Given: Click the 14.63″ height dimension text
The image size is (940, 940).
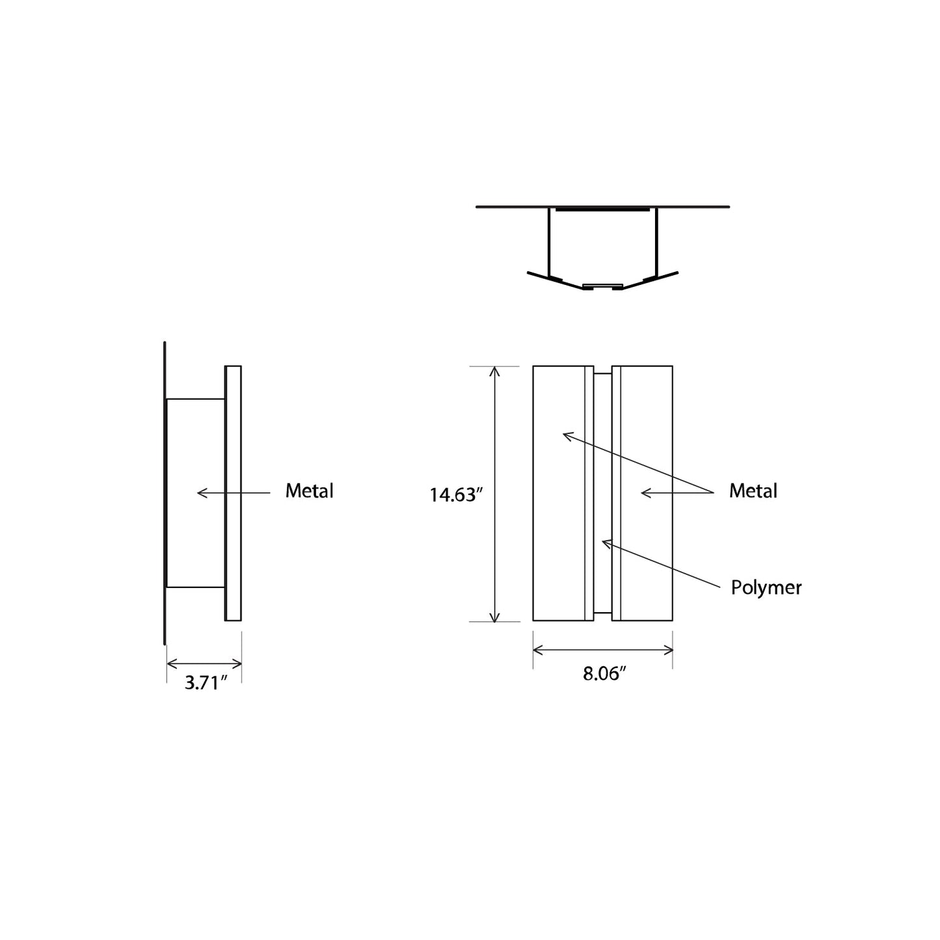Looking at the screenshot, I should coord(455,495).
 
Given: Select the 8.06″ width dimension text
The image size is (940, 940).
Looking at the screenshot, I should coord(604,674).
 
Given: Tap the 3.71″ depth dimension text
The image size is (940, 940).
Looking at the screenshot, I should coord(206,682).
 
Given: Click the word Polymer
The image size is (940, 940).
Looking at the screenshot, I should coord(766,588).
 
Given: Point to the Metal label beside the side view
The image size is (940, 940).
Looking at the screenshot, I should coord(309,491).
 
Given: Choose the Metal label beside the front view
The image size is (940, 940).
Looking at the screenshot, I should coord(753,491).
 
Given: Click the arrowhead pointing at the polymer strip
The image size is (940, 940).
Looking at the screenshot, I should coord(605,542).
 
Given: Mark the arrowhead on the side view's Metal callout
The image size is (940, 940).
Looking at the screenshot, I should coord(201,493).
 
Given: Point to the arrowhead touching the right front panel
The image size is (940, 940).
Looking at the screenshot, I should coord(645,493).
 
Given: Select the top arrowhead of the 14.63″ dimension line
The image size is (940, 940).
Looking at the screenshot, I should coord(495,371).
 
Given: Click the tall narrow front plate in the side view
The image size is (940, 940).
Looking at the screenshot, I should coord(233,493).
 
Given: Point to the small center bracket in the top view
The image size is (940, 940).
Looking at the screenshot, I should coord(602,286).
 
